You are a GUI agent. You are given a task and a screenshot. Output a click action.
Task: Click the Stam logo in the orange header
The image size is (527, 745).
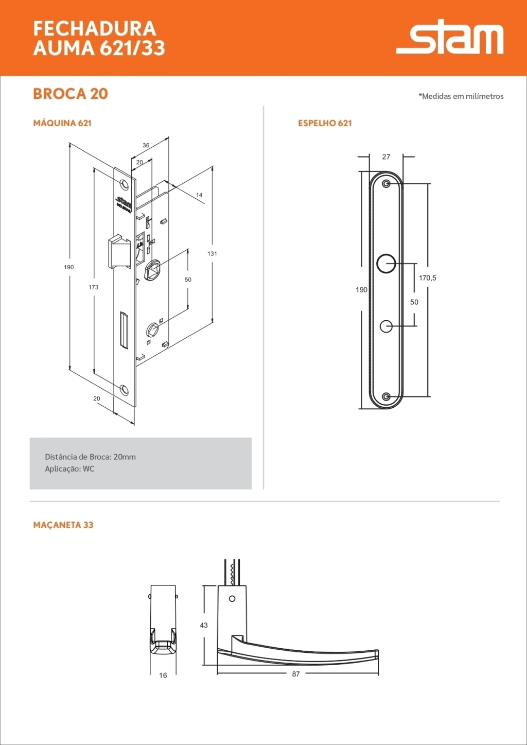(450, 37)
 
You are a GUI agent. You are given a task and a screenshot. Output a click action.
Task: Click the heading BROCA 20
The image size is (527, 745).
(71, 94)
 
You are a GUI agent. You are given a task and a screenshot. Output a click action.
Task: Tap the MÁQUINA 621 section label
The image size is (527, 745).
(62, 123)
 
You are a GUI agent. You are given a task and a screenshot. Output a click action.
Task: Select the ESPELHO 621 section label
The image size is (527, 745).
(325, 123)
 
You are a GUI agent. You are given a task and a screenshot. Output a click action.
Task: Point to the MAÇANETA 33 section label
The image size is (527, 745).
(63, 525)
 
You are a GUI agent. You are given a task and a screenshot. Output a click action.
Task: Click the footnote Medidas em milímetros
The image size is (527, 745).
(461, 96)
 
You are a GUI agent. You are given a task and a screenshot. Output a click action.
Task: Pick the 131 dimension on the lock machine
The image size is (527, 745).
(212, 253)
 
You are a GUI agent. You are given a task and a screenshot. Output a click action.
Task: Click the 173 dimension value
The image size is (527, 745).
(93, 287)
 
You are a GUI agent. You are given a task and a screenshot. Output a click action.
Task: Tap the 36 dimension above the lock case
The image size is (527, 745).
(146, 145)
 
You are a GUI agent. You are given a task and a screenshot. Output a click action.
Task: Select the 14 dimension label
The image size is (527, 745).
(199, 195)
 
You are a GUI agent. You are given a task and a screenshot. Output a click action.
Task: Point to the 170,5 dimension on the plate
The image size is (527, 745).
(427, 278)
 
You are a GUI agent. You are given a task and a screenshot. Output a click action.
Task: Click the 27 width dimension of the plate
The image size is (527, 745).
(386, 157)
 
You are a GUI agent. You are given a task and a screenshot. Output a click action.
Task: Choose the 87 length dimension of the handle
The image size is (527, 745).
(296, 674)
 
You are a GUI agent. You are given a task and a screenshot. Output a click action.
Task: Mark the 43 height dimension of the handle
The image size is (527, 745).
(204, 625)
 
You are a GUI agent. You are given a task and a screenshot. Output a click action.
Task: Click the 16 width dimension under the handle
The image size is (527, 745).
(163, 675)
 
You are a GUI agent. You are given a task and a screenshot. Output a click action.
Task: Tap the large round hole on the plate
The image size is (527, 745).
(386, 264)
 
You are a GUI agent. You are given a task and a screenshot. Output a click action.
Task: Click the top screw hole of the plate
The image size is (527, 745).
(387, 183)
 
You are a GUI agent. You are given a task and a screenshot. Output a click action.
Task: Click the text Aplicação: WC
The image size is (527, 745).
(70, 469)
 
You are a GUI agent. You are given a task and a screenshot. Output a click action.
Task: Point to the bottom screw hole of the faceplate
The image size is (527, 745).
(124, 389)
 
